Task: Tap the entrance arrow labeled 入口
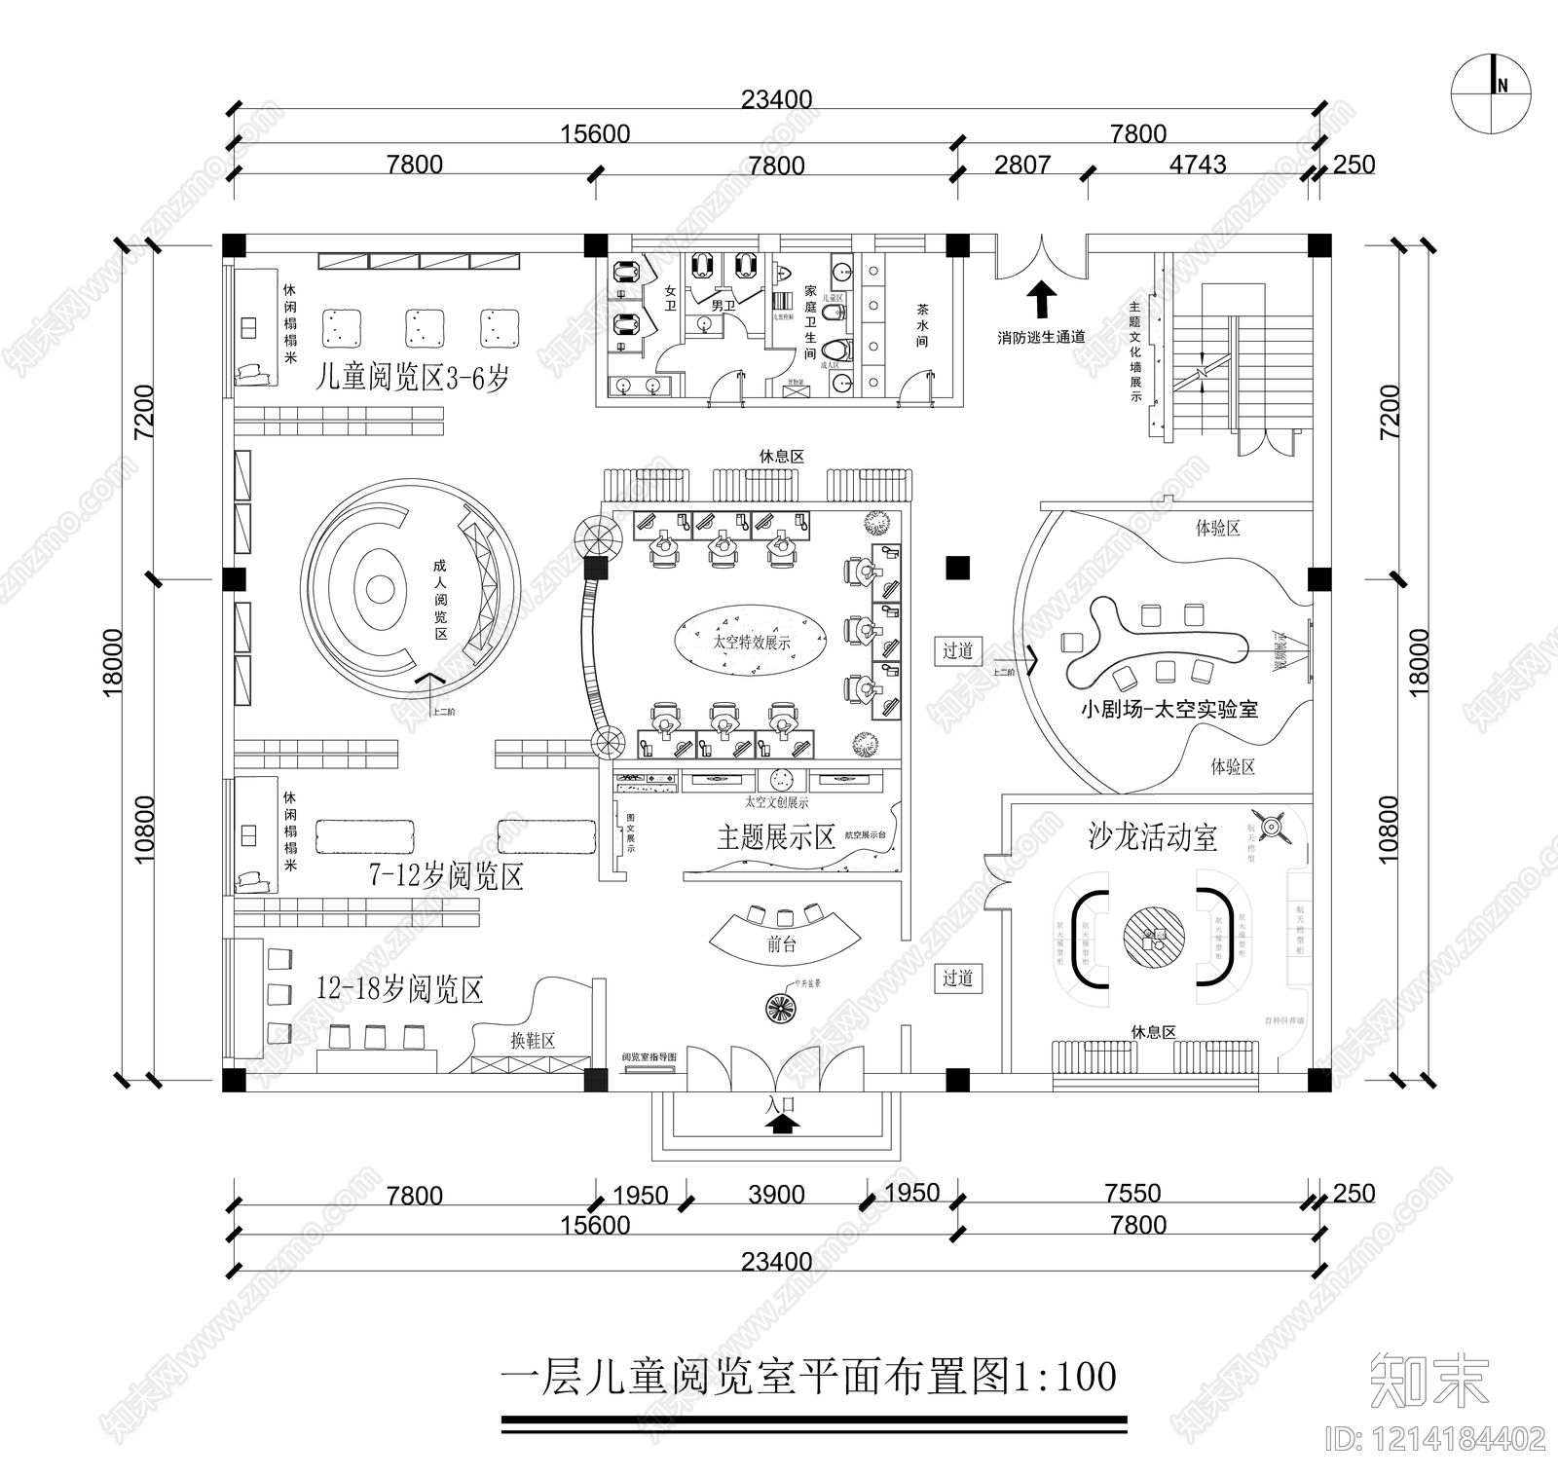(782, 1124)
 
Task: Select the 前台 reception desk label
(782, 943)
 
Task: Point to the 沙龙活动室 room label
(1152, 837)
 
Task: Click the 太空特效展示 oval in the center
(751, 642)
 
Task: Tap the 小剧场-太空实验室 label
(1168, 710)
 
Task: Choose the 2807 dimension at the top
(1021, 165)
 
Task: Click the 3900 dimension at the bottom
(776, 1195)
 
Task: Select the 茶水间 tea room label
(921, 325)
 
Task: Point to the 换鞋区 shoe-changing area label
(533, 1040)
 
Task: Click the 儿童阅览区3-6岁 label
(412, 377)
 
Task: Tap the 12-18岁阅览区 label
(400, 990)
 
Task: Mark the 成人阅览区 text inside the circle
(439, 599)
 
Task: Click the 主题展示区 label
(776, 837)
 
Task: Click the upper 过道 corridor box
(957, 650)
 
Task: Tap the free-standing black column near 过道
(958, 567)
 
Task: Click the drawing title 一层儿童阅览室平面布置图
(808, 1377)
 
